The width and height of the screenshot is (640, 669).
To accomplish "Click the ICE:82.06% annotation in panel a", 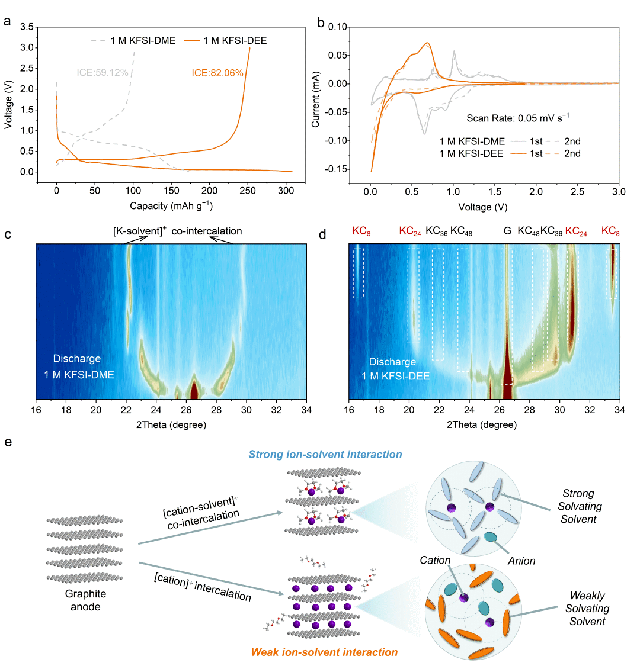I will (217, 73).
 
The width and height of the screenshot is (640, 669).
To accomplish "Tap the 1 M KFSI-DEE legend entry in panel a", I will (235, 40).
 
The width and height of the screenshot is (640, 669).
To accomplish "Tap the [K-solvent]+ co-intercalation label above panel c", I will (177, 231).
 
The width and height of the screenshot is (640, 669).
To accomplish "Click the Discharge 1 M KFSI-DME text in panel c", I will (79, 366).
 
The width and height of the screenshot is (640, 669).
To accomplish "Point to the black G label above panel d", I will (507, 231).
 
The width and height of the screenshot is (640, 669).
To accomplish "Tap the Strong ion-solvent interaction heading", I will (325, 455).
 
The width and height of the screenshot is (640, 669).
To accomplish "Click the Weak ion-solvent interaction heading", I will (324, 652).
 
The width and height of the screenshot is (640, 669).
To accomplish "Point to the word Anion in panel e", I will (521, 561).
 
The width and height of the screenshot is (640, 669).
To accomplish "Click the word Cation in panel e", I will (435, 559).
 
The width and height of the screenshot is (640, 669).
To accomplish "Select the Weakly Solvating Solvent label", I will (587, 609).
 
